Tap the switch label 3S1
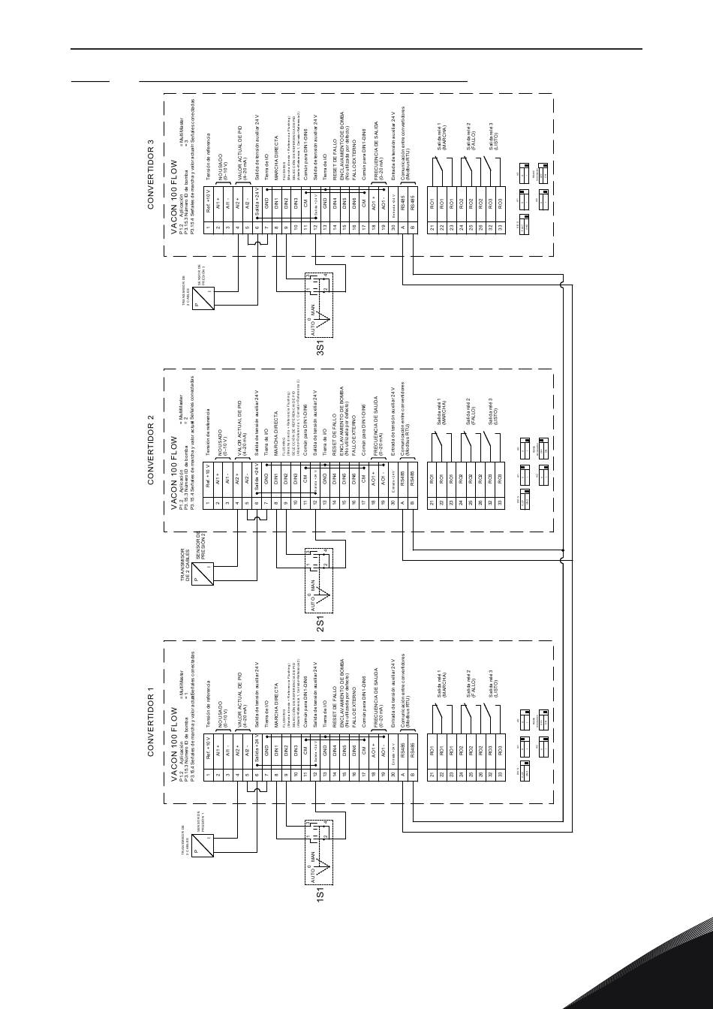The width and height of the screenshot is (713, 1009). (320, 346)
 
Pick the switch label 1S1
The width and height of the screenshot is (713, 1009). (320, 894)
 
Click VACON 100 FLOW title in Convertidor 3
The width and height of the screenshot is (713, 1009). (174, 197)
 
